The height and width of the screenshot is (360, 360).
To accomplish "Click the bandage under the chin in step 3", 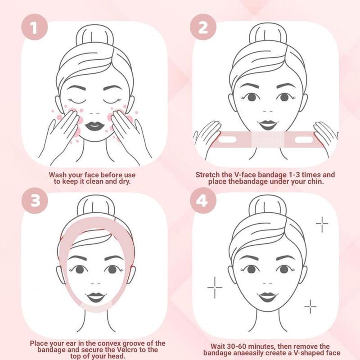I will [x=95, y=310].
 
